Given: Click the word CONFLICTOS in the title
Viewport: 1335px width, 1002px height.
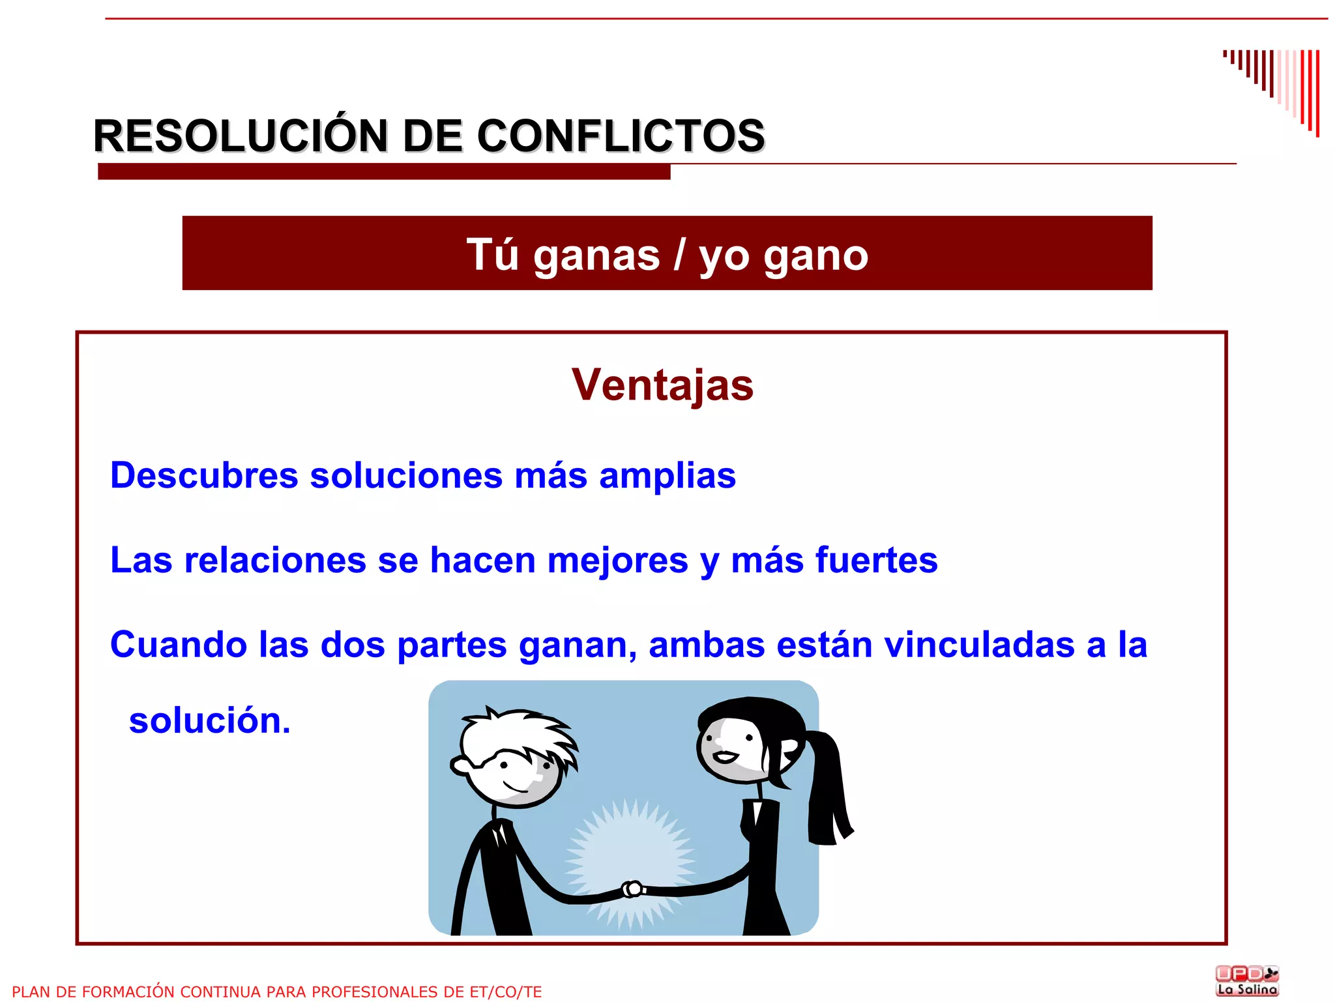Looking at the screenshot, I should click(621, 136).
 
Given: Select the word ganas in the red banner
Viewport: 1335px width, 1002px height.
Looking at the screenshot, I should click(596, 255).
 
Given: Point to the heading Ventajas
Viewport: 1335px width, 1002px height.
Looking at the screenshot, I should click(662, 385).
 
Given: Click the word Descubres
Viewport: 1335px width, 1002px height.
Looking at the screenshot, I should click(204, 475).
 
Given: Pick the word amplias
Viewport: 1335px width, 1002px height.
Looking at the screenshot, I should click(667, 476).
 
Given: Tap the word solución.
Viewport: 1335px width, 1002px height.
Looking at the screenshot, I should click(209, 720).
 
